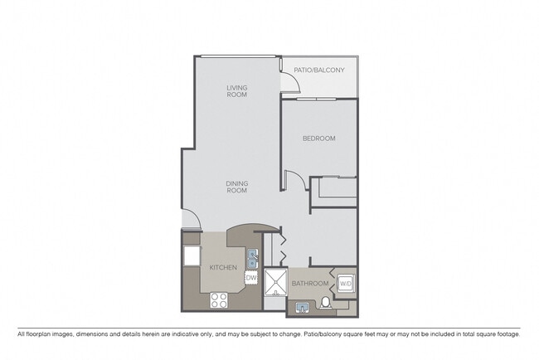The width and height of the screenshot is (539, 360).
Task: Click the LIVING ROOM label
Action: [237, 90]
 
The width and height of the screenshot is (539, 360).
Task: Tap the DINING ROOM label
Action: [237, 187]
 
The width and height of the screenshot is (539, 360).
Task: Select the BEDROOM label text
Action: [319, 139]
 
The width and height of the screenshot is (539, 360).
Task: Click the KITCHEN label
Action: [223, 268]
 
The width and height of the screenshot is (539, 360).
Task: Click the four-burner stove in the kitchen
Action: [220, 300]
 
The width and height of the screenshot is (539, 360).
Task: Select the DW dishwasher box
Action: [250, 278]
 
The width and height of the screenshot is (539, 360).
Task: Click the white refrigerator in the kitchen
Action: [192, 255]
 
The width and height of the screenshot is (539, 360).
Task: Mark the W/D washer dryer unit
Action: [346, 283]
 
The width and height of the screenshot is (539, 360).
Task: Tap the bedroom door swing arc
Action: [291, 178]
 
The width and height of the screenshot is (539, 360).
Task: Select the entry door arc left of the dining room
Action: [190, 220]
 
